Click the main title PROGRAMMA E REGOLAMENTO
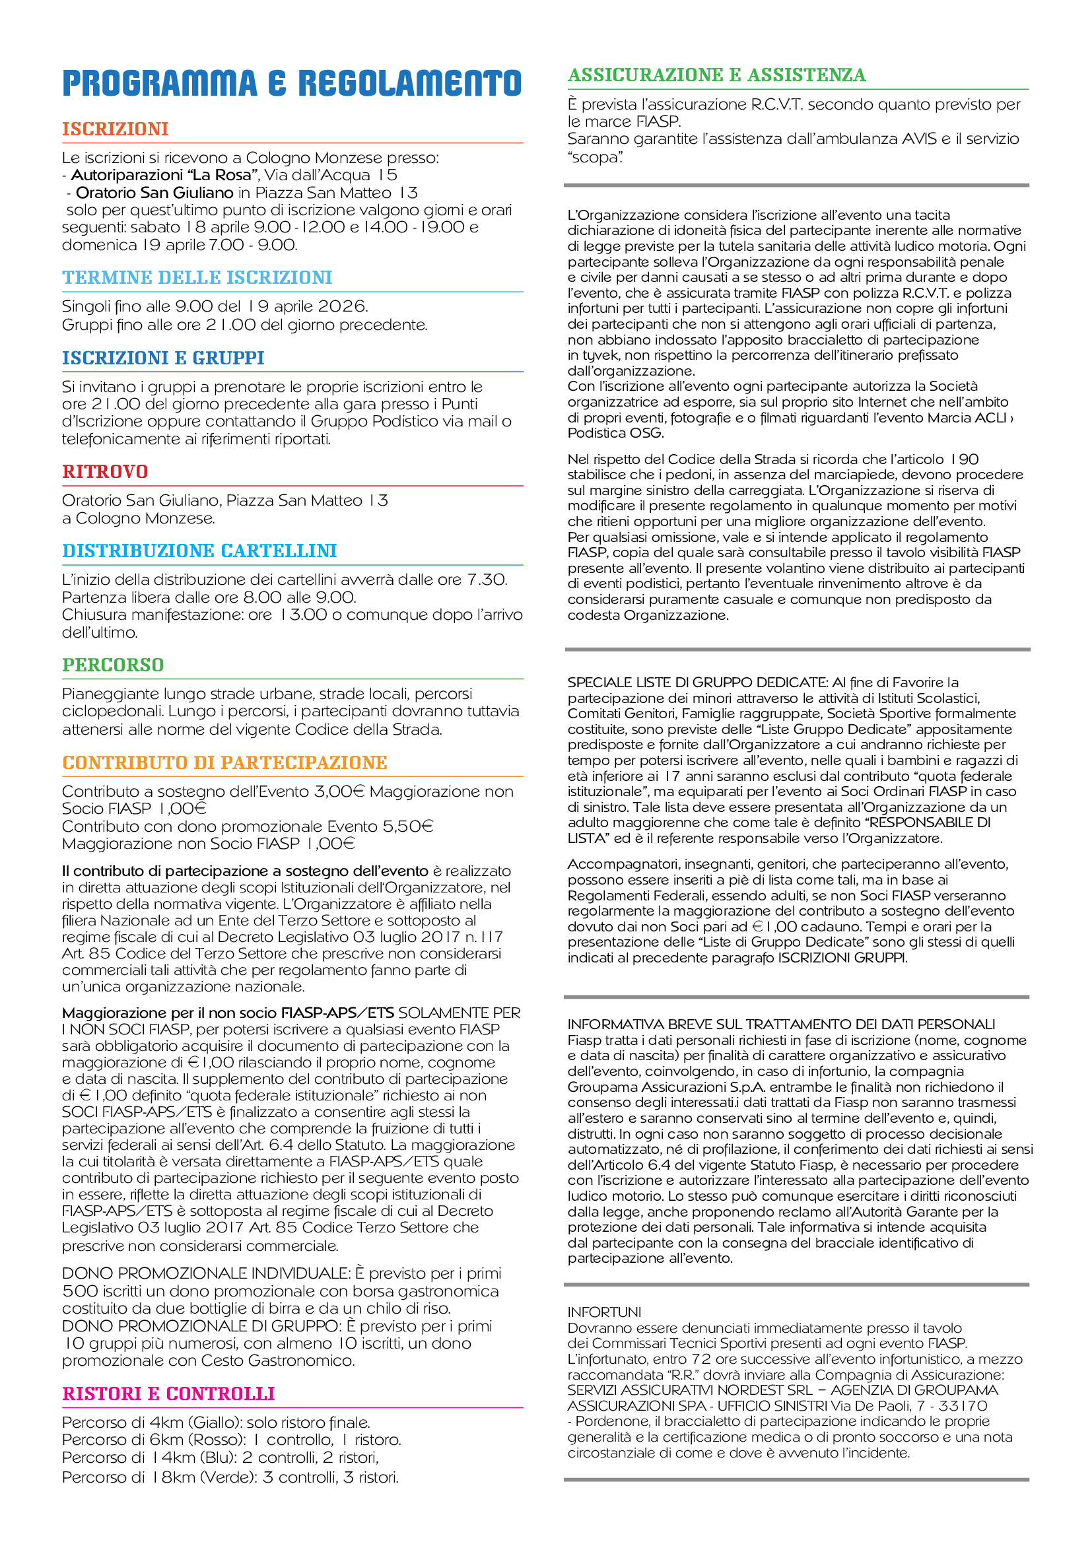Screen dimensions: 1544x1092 pyautogui.click(x=291, y=83)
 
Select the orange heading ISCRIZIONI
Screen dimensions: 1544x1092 pyautogui.click(x=115, y=129)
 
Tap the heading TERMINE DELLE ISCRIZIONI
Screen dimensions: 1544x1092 pyautogui.click(x=197, y=277)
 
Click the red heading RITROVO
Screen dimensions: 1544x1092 pyautogui.click(x=105, y=471)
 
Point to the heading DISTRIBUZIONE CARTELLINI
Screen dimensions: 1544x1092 pyautogui.click(x=199, y=551)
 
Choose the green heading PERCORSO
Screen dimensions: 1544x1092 pyautogui.click(x=113, y=665)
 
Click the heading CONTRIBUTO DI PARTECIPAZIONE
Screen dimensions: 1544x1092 pyautogui.click(x=224, y=762)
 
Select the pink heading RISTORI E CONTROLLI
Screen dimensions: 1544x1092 pyautogui.click(x=168, y=1393)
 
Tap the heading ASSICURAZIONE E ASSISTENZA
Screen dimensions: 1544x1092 pyautogui.click(x=717, y=75)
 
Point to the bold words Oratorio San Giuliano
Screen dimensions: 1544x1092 pyautogui.click(x=154, y=193)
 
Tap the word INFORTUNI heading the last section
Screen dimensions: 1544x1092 pyautogui.click(x=605, y=1312)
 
